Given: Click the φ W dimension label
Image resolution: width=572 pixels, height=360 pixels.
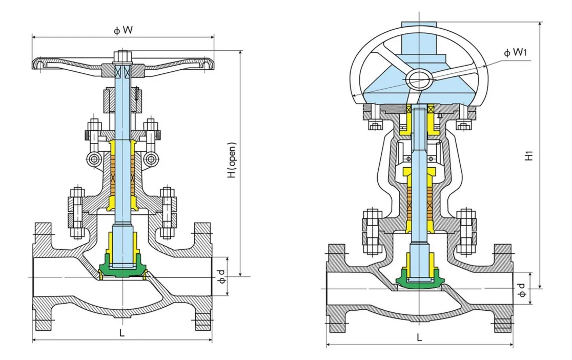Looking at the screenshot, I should (123, 30).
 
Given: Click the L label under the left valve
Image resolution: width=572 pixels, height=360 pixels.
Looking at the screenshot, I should (122, 332).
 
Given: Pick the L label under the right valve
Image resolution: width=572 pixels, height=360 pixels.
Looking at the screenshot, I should (419, 337).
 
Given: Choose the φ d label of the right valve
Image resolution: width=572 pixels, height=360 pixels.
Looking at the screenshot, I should (522, 290).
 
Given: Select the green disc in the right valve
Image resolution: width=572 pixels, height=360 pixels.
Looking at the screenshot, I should (419, 279).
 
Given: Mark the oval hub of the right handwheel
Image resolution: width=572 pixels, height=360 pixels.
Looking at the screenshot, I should (419, 78).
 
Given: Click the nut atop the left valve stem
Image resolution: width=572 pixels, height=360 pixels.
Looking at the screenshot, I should (123, 55).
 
